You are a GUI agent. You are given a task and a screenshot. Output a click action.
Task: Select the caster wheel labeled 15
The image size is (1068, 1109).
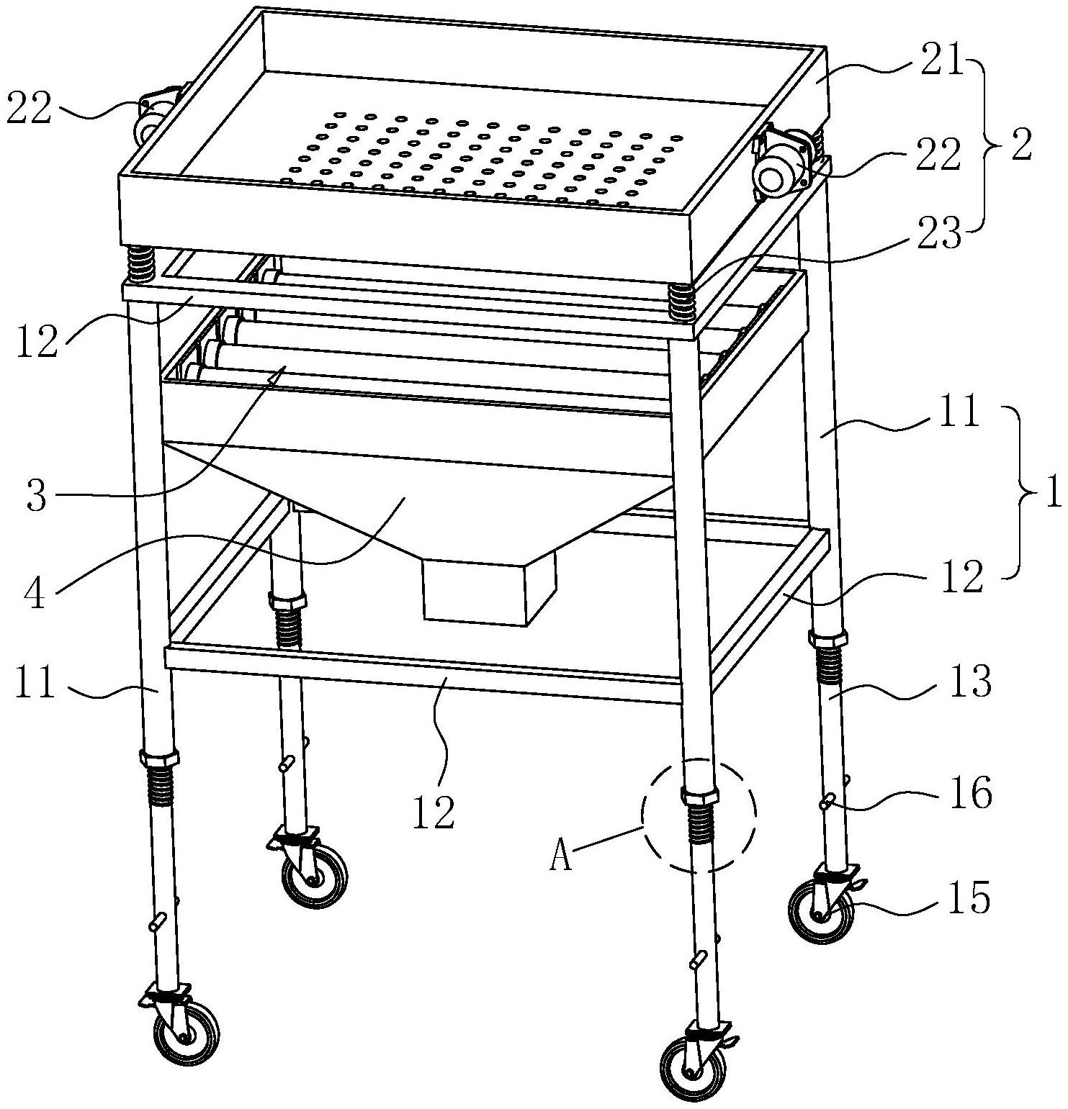pyautogui.click(x=821, y=913)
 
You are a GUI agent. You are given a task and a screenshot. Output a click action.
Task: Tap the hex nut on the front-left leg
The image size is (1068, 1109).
pyautogui.click(x=158, y=759)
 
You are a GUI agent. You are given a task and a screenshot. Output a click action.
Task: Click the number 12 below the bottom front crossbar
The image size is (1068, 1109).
pyautogui.click(x=434, y=812)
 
